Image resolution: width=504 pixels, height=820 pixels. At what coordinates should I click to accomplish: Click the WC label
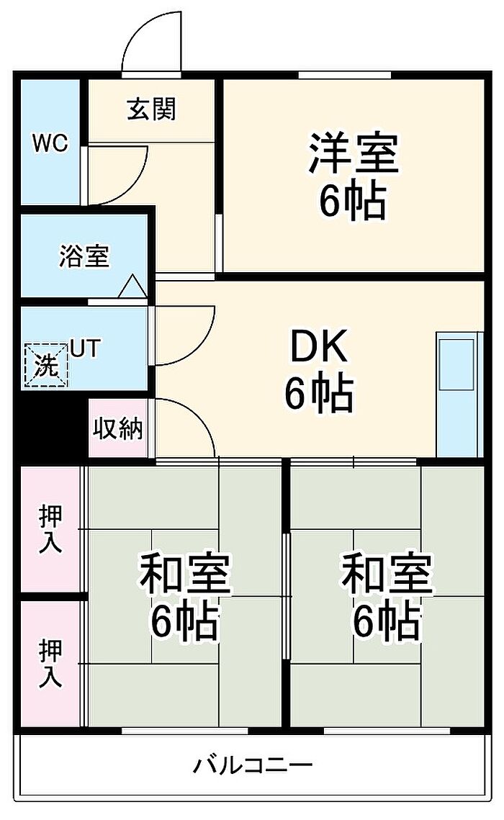[x=50, y=143]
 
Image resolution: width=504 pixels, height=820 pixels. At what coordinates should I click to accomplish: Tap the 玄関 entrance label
[x=152, y=109]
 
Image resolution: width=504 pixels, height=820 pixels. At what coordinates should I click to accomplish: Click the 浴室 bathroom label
[x=84, y=256]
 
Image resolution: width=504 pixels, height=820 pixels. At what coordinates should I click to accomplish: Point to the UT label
[x=85, y=348]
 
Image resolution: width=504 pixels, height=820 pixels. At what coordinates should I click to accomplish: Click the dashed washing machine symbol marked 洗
[x=46, y=364]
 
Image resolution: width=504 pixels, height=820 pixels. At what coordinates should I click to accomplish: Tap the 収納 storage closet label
[x=117, y=428]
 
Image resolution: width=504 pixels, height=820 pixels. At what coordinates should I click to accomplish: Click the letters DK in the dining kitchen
[x=319, y=347]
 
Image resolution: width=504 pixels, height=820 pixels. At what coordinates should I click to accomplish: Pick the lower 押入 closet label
[x=50, y=664]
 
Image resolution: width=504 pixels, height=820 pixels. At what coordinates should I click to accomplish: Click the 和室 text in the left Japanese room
[x=184, y=574]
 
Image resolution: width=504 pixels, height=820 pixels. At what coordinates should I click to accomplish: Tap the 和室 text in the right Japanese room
[x=387, y=574]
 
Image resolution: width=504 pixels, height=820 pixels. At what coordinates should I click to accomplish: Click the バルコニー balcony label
[x=253, y=765]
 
